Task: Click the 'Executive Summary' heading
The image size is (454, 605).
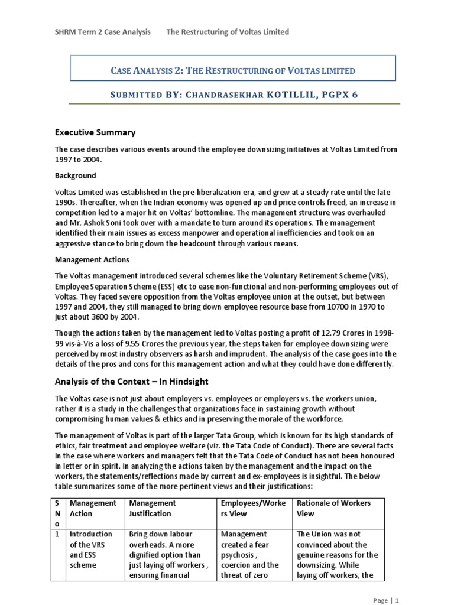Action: coord(95,132)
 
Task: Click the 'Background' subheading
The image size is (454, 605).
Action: coord(75,176)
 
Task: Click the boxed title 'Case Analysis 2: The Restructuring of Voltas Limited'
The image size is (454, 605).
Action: coord(233,71)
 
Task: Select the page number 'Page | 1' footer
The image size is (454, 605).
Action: coord(387,600)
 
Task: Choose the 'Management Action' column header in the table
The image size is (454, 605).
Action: coord(92,508)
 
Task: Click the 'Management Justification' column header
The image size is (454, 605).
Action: coord(152,508)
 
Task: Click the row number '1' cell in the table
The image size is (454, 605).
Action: coord(58,534)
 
